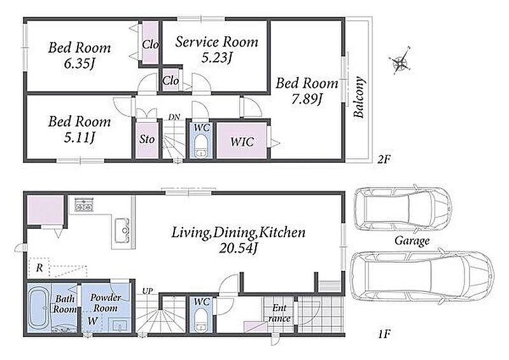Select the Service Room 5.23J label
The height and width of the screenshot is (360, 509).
[216, 50]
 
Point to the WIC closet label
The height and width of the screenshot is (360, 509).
[242, 142]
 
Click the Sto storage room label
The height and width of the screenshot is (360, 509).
[147, 139]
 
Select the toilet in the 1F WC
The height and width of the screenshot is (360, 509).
[201, 320]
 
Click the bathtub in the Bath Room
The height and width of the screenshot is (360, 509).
[39, 308]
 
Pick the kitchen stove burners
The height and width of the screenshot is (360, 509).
[84, 204]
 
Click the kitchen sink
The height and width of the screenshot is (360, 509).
[122, 231]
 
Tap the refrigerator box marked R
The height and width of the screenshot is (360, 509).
[39, 268]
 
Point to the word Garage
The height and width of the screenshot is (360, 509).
[412, 241]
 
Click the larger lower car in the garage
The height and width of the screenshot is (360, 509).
[422, 277]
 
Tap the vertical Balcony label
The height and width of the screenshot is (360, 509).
[359, 97]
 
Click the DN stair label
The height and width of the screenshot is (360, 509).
[174, 117]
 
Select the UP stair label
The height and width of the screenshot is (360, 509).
[148, 291]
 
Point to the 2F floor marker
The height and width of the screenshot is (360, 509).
[384, 160]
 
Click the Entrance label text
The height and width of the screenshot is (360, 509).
[279, 313]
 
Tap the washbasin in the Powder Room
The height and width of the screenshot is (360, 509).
[120, 324]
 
